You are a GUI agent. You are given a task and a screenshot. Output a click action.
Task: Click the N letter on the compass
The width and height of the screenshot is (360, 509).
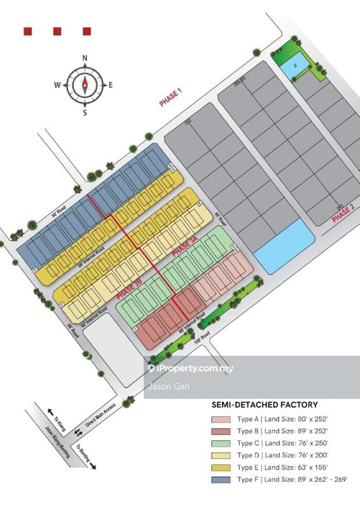pyautogui.click(x=85, y=59)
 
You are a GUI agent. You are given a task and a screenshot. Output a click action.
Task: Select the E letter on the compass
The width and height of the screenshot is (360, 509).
pyautogui.click(x=111, y=85)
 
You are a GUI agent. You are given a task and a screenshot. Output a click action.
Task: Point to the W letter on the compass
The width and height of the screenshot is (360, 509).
pyautogui.click(x=57, y=85)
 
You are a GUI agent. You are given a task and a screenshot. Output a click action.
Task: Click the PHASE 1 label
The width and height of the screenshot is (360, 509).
pyautogui.click(x=170, y=99)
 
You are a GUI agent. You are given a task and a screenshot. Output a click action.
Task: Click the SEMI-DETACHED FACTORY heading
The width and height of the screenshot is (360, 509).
pyautogui.click(x=265, y=405)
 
